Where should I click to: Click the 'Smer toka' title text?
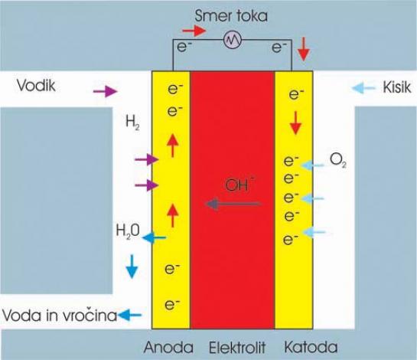[231, 16]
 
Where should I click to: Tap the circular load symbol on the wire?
[233, 40]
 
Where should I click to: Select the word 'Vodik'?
[36, 86]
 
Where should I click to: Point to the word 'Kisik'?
[397, 87]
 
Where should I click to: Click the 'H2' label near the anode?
[132, 123]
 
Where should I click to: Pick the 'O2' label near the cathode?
[337, 160]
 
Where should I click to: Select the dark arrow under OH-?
[233, 205]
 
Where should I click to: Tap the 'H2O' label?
[128, 231]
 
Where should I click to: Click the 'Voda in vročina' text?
[60, 316]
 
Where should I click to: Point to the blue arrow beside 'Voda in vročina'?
[129, 315]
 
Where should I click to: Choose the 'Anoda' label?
[168, 347]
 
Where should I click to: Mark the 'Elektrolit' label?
[237, 348]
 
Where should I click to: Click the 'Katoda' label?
[311, 347]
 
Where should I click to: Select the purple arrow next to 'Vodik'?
[105, 91]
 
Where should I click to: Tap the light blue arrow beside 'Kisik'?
[363, 87]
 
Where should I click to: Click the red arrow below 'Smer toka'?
[194, 31]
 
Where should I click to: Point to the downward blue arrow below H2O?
[132, 267]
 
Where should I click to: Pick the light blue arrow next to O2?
[312, 165]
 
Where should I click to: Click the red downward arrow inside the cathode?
[296, 123]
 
